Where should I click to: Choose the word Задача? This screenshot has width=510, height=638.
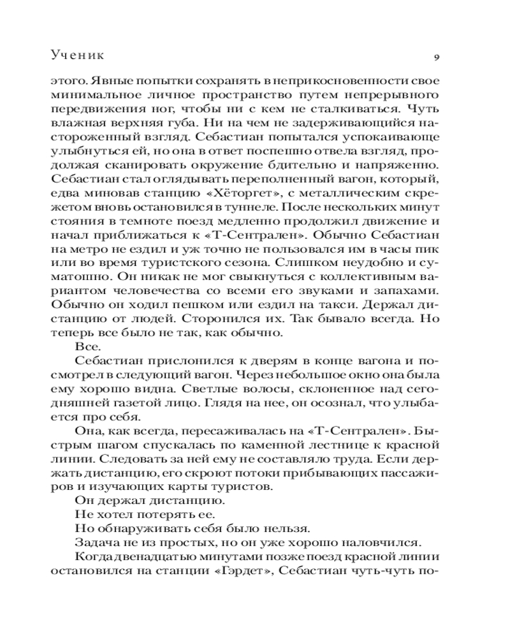tap(94, 543)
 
